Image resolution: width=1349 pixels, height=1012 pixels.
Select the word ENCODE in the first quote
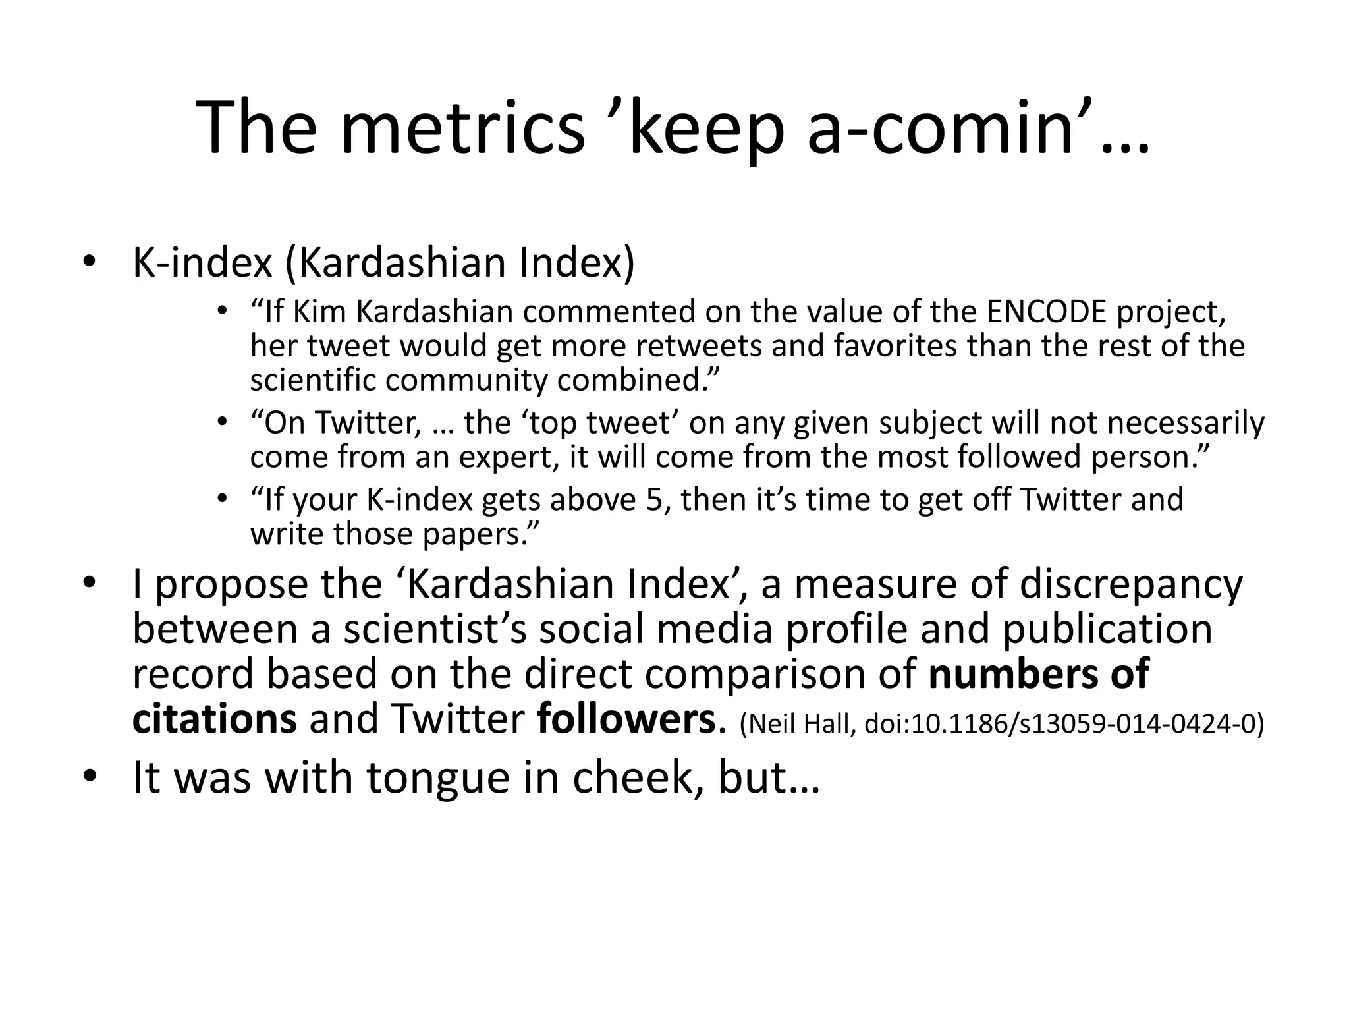click(x=1047, y=312)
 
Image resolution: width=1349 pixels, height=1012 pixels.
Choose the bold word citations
click(x=215, y=719)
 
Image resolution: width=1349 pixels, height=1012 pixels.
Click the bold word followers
click(x=626, y=719)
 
